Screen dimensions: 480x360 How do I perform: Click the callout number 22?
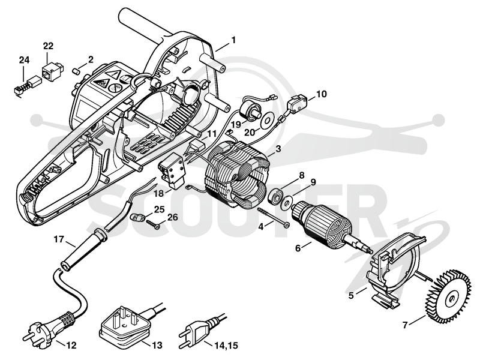click(48, 46)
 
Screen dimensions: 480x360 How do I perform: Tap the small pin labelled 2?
click(76, 71)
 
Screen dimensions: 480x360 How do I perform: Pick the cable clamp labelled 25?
click(137, 217)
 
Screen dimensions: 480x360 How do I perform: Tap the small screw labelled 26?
click(153, 224)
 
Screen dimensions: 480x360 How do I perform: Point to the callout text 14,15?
click(226, 346)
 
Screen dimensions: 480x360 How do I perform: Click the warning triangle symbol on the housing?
click(115, 74)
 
